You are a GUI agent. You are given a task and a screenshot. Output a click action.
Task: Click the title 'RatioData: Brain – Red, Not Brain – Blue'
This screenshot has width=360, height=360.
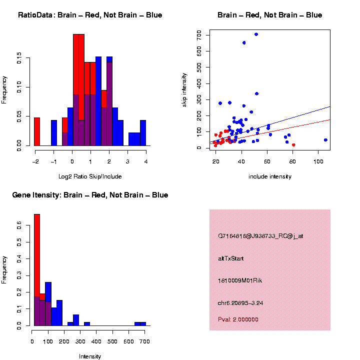(x=90, y=15)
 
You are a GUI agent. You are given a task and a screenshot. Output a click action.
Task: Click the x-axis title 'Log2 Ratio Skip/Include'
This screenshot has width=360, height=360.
(x=90, y=176)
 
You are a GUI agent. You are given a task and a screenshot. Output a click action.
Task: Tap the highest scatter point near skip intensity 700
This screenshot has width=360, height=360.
(x=256, y=34)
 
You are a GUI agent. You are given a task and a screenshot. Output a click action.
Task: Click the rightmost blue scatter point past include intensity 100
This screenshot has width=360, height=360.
(x=325, y=140)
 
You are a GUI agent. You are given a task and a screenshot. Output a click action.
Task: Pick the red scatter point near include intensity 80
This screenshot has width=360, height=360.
(x=293, y=145)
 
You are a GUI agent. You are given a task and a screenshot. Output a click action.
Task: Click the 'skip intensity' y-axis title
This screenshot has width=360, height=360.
(x=184, y=89)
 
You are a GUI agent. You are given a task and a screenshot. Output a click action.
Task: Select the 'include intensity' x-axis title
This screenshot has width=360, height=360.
(x=270, y=176)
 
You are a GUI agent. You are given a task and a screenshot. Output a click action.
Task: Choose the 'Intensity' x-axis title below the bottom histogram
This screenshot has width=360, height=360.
(x=90, y=356)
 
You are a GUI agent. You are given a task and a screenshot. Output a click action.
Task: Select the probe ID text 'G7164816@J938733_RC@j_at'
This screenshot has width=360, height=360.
(x=260, y=236)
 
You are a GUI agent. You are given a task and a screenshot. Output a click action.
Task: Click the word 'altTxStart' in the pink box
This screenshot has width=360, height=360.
(x=230, y=258)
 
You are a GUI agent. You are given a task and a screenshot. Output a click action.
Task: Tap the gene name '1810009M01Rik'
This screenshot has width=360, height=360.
(x=240, y=280)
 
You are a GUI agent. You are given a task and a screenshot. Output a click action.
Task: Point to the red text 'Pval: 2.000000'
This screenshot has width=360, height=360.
(x=238, y=319)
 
